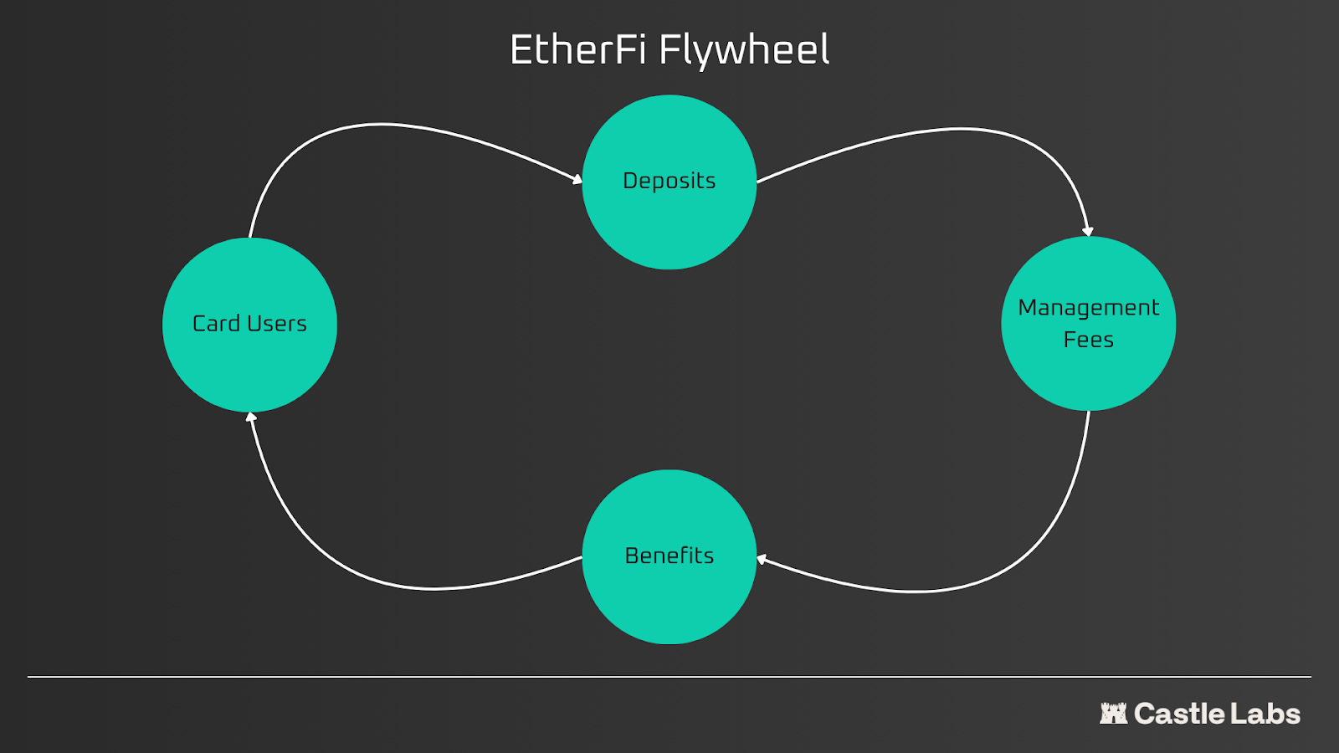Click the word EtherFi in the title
577,50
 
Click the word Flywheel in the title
744,50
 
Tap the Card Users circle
249,368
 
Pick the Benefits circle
669,598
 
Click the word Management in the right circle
1088,308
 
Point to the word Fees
1088,340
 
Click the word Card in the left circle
217,324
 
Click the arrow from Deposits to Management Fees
962,129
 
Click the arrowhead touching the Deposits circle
577,178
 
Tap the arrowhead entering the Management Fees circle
1087,231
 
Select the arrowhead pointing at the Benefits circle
762,559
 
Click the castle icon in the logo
1113,714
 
